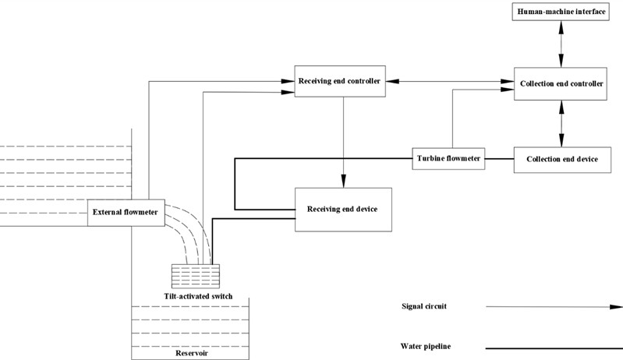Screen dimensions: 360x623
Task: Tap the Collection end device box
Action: click(x=561, y=159)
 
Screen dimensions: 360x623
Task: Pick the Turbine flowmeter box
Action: click(x=448, y=159)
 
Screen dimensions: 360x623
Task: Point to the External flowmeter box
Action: click(x=125, y=211)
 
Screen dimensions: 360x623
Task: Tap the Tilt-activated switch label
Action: click(x=195, y=296)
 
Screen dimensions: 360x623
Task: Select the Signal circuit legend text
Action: click(x=424, y=306)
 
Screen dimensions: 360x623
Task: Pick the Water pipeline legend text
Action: click(x=426, y=345)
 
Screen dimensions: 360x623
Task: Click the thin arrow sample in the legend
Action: click(x=554, y=306)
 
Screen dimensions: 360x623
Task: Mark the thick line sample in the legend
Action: click(x=554, y=346)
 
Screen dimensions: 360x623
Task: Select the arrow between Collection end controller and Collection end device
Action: click(x=560, y=122)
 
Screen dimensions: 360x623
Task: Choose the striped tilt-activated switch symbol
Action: click(x=196, y=277)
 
